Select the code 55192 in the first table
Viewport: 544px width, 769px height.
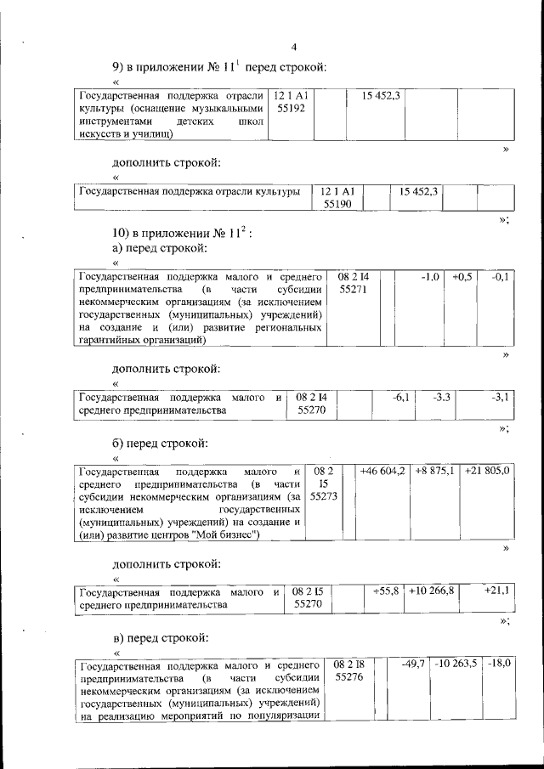pos(290,110)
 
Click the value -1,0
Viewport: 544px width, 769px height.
pos(430,277)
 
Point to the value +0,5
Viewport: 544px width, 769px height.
pos(462,277)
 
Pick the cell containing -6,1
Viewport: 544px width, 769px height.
pos(401,397)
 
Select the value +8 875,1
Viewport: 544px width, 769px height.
pos(435,470)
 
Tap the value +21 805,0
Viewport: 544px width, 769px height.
pos(487,470)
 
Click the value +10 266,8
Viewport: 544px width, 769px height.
pos(432,591)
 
